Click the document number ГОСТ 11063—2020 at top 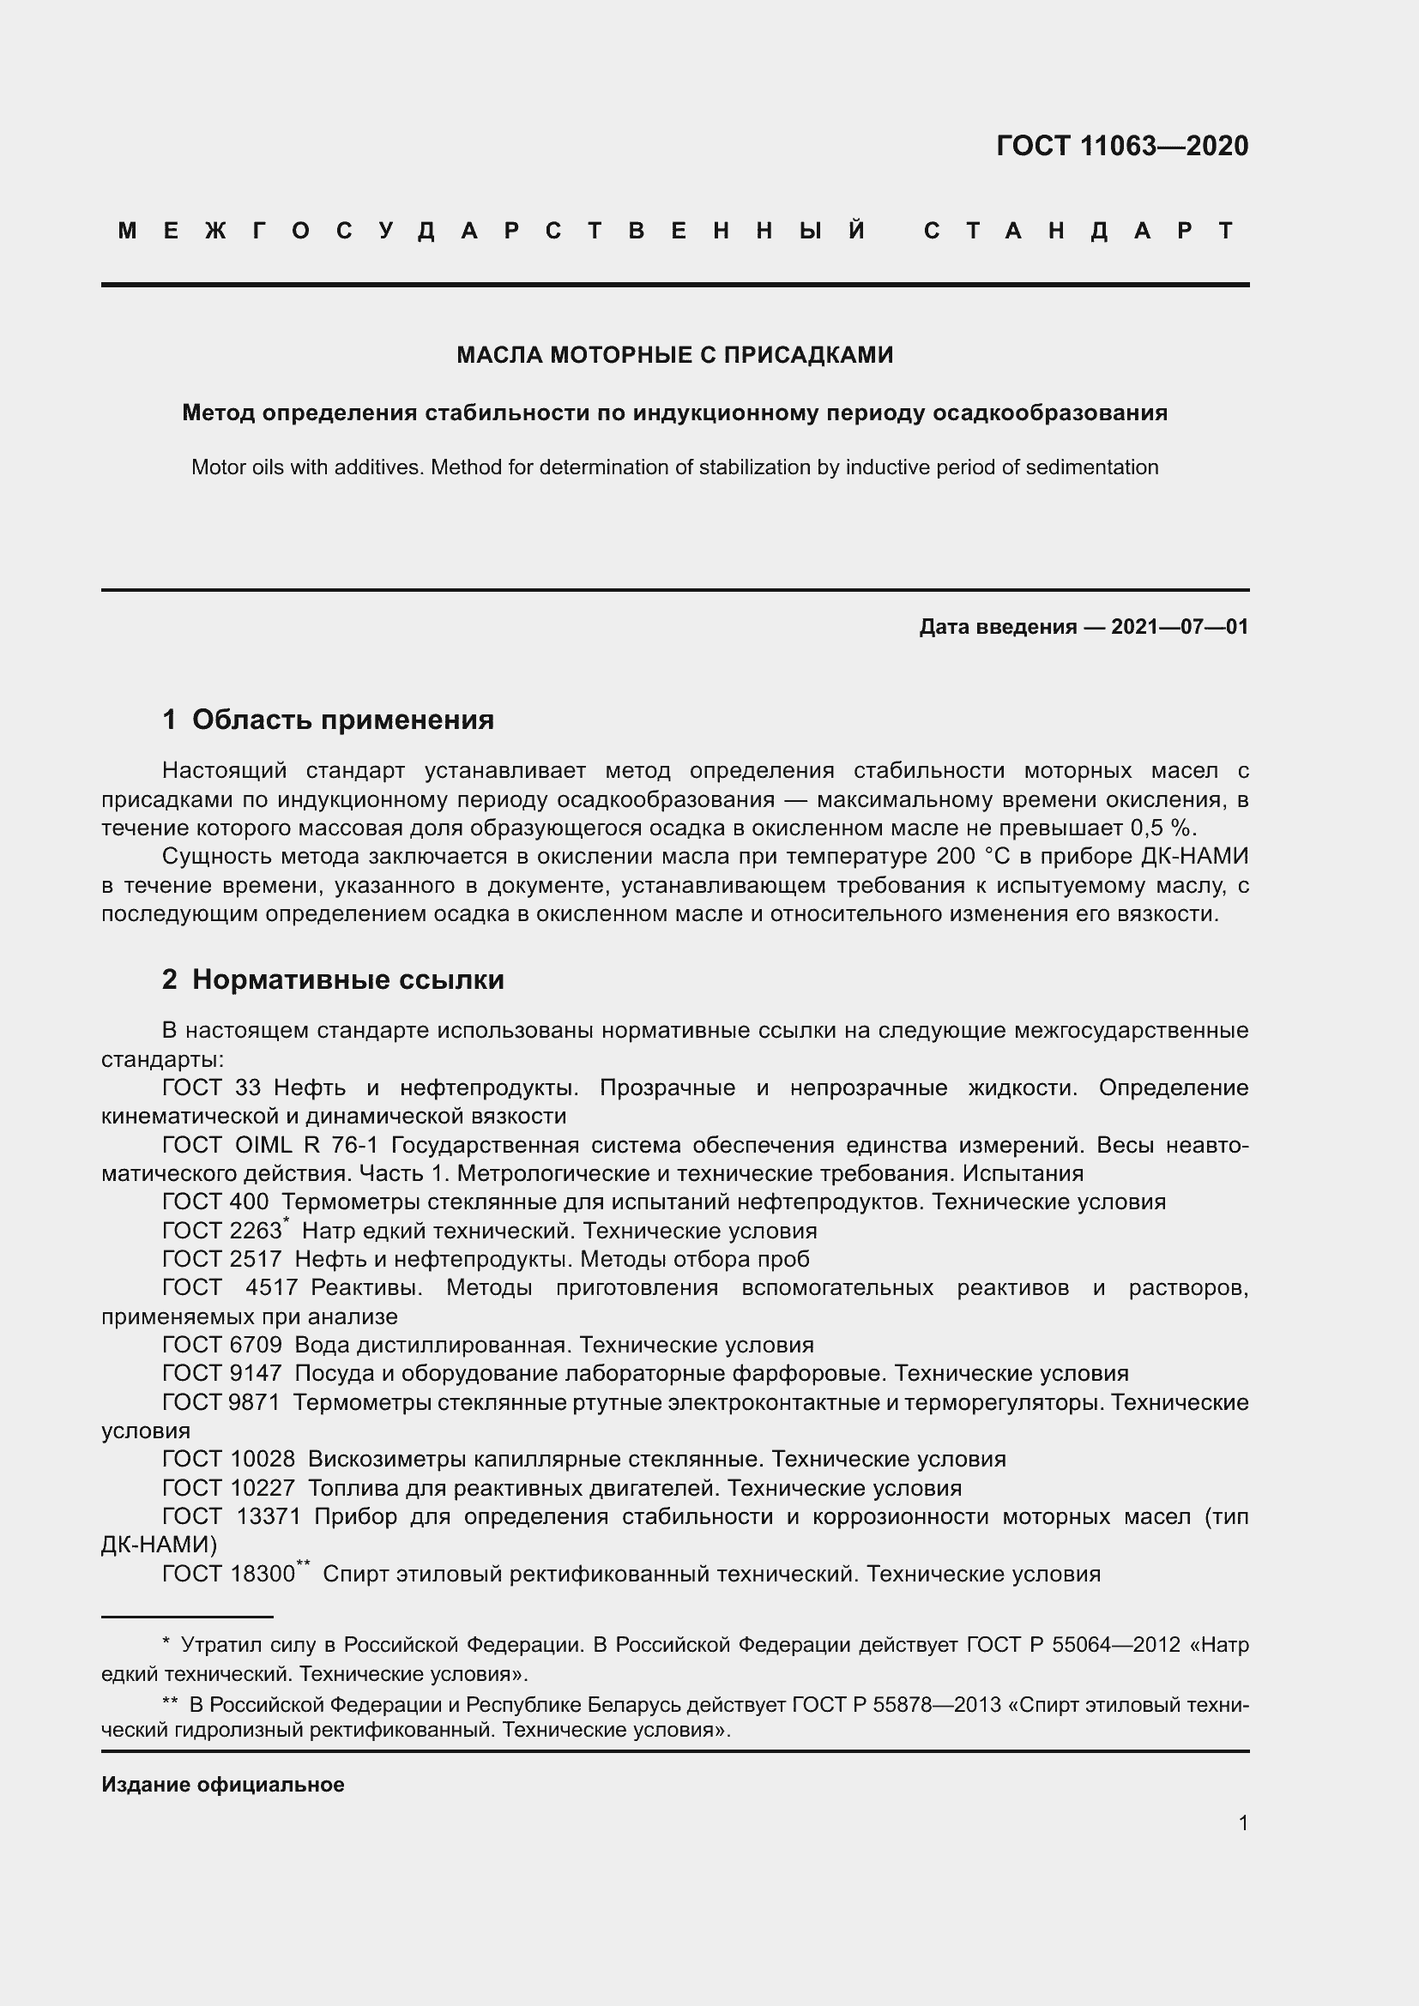point(1122,146)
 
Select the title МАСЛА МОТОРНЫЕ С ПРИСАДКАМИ point(674,355)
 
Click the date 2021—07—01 point(1180,626)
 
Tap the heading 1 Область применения point(329,719)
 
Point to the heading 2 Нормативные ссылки point(333,979)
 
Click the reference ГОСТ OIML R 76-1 point(270,1145)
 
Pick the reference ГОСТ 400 point(216,1202)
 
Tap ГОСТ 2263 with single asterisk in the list point(224,1231)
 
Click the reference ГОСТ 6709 point(222,1345)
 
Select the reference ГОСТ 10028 point(229,1459)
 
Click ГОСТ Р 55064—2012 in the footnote point(1074,1645)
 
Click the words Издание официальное point(223,1784)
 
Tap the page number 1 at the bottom point(1242,1822)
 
